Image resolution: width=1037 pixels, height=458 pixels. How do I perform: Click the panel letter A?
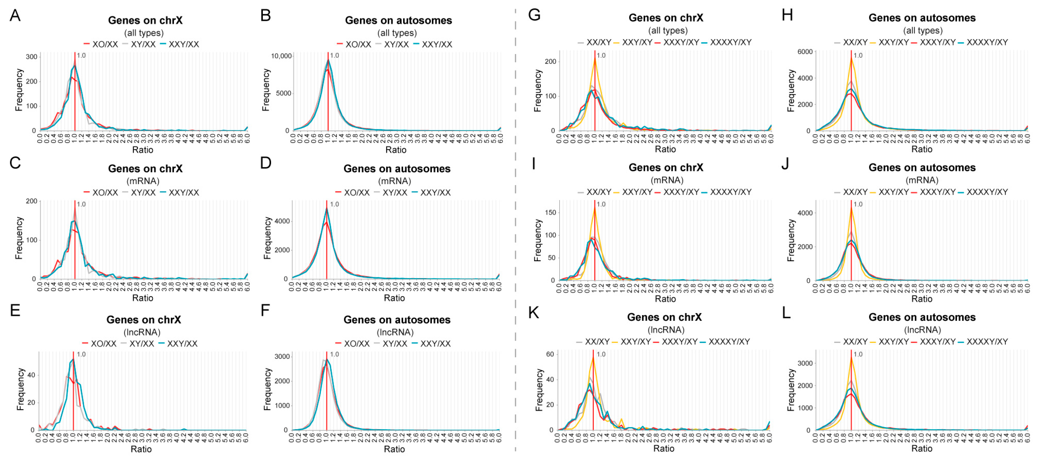pyautogui.click(x=15, y=16)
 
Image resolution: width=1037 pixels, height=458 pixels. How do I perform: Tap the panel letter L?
pyautogui.click(x=786, y=313)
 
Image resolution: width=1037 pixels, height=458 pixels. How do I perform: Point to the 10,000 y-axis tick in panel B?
pyautogui.click(x=281, y=56)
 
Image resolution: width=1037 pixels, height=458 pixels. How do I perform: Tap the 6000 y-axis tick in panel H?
pyautogui.click(x=805, y=52)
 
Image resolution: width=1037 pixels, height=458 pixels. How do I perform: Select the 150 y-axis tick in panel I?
pyautogui.click(x=550, y=213)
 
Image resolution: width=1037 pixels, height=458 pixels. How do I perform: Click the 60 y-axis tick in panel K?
pyautogui.click(x=550, y=354)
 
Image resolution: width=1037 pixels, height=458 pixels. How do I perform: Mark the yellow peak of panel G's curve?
pyautogui.click(x=595, y=59)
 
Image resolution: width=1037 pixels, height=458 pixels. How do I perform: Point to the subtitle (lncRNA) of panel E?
pyautogui.click(x=142, y=332)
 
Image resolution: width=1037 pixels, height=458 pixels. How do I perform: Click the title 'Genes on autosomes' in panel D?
pyautogui.click(x=397, y=169)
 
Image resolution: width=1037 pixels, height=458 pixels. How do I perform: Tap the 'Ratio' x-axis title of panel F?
pyautogui.click(x=394, y=449)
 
